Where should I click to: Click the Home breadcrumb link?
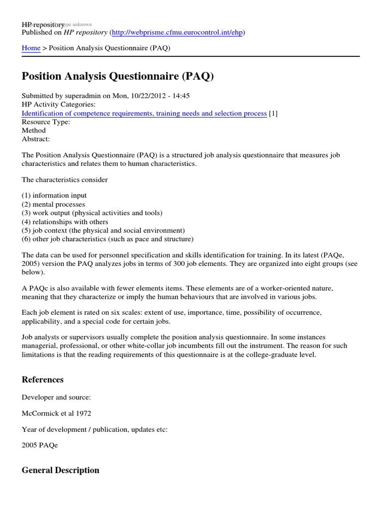click(31, 48)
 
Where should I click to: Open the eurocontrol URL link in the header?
click(178, 32)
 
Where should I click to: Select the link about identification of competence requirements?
click(144, 114)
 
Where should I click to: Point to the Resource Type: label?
click(46, 122)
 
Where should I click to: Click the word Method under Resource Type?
click(34, 131)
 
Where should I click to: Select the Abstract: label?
click(36, 139)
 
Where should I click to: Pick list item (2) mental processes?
click(53, 204)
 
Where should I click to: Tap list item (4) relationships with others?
click(65, 222)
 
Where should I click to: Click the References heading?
click(43, 380)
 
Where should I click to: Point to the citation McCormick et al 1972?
click(56, 413)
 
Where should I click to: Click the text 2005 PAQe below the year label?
click(40, 445)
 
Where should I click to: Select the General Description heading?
click(61, 470)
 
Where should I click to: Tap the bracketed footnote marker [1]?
click(273, 114)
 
